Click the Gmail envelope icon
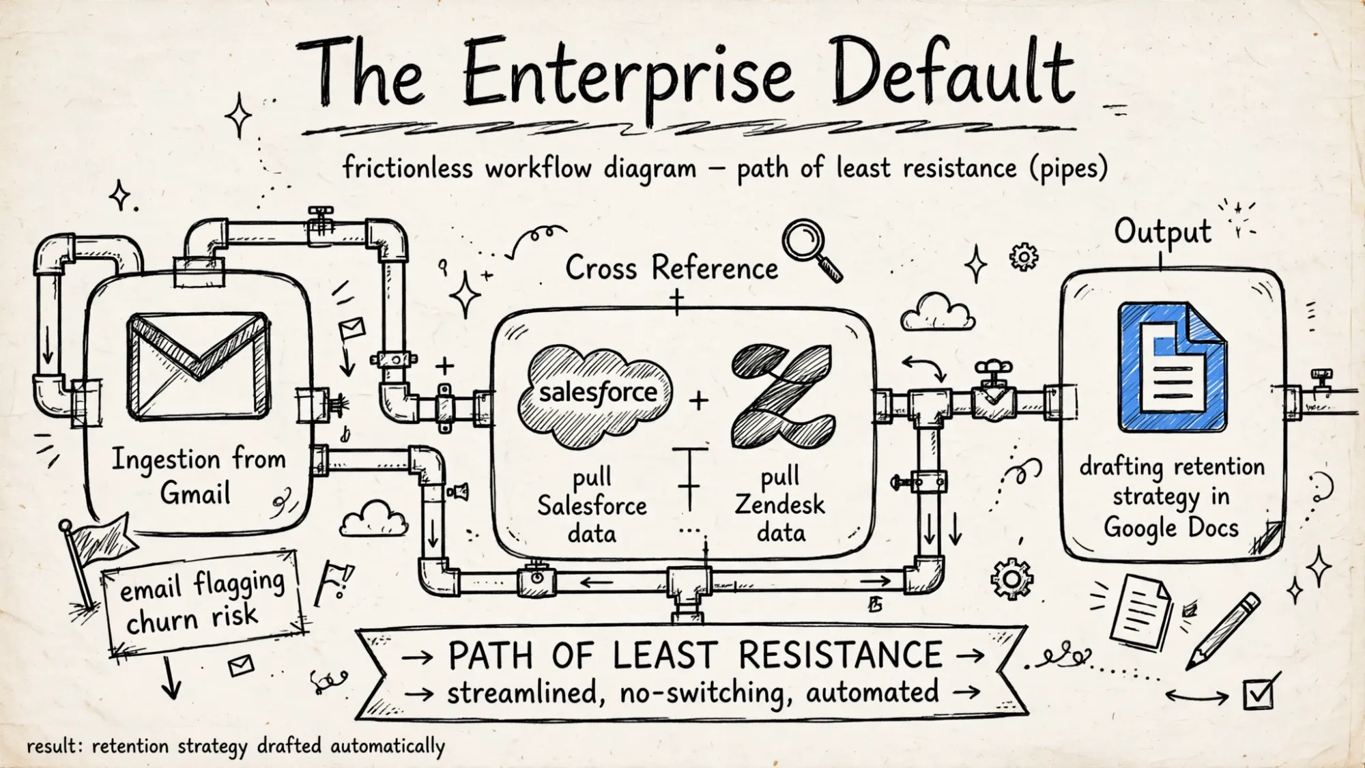(199, 366)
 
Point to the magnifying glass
(811, 250)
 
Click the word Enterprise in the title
(628, 75)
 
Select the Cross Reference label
(672, 268)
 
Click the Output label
(1163, 232)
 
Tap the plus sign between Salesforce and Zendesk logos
(698, 401)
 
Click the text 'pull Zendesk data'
(780, 504)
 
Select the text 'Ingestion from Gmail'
(199, 475)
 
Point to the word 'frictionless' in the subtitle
(407, 167)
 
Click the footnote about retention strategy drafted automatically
(235, 746)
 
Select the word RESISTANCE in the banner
(840, 655)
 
